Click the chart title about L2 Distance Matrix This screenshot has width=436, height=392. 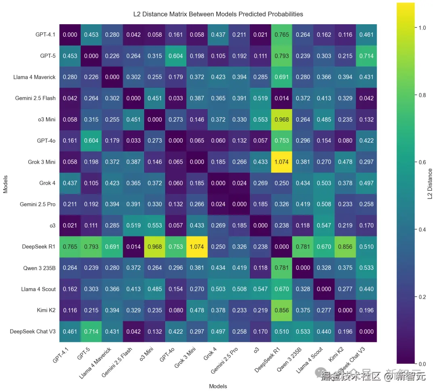coord(218,14)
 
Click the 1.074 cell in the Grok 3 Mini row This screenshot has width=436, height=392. coord(281,162)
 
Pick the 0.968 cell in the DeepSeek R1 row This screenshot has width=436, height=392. coord(155,247)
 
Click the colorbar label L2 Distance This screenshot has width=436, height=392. coord(430,184)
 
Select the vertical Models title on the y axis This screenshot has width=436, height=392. coord(6,183)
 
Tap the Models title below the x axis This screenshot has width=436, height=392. coord(218,386)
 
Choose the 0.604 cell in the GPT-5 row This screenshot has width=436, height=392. coord(176,56)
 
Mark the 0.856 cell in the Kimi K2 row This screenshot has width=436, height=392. coord(281,310)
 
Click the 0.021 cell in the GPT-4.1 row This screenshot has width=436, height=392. coord(260,35)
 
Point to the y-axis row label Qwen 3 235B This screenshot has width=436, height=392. coord(38,268)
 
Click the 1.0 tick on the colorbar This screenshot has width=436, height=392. coord(419,27)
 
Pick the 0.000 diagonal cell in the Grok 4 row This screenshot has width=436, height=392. coord(218,183)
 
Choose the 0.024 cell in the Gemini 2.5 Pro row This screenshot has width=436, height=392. coord(218,204)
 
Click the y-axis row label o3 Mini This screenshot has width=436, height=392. coord(45,120)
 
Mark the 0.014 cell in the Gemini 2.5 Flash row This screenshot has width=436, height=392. coord(281,98)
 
